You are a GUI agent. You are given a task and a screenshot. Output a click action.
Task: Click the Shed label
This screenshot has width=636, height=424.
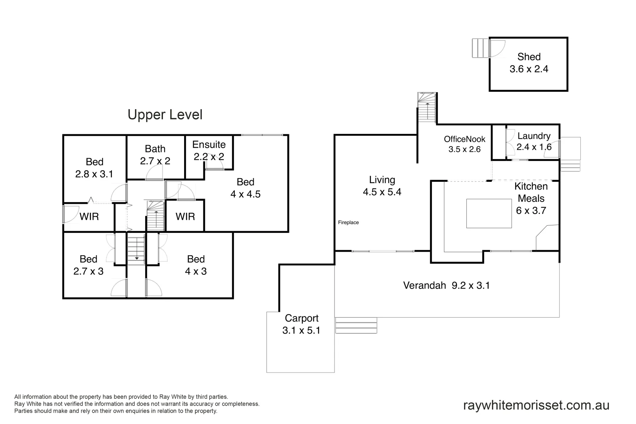pos(528,63)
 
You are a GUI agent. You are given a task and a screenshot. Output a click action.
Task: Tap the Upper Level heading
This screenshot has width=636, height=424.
pos(165,115)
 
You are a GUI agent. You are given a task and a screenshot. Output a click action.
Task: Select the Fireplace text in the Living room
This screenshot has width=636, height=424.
pos(348,223)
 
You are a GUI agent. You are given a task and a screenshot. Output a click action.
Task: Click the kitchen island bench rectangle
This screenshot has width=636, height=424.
pos(489,213)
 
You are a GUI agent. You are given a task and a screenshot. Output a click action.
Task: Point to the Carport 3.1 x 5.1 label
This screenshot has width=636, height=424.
pos(301,324)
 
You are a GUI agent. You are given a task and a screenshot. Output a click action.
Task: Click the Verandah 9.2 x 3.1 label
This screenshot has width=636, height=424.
pos(446,285)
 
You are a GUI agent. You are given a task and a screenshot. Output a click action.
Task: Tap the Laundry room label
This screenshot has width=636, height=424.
pos(534,141)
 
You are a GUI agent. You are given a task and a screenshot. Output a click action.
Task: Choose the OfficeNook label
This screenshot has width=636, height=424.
pos(464,144)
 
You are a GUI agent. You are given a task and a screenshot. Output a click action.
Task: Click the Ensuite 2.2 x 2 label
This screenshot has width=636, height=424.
pos(209,150)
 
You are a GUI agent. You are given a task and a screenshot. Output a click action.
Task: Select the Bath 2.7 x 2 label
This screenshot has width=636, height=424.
pos(155,155)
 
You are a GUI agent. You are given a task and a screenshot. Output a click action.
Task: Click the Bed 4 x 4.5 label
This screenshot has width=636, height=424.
pos(245,188)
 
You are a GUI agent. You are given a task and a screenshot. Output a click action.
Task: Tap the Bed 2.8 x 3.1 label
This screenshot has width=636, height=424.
pos(94,168)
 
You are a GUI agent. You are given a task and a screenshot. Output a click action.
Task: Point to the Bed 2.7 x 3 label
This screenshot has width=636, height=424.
pos(88,265)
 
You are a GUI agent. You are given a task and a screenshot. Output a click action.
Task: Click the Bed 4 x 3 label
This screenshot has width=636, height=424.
pos(196,265)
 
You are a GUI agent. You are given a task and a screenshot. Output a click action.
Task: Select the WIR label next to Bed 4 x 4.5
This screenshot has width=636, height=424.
pos(185,217)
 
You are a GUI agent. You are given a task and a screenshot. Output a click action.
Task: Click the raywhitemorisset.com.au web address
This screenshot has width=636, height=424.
pos(536,405)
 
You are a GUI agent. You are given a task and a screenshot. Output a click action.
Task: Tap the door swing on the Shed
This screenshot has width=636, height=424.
pos(496,48)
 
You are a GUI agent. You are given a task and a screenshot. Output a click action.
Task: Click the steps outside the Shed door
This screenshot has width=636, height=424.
pos(480,48)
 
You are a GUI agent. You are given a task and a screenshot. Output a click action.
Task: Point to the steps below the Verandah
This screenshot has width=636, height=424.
pos(356,325)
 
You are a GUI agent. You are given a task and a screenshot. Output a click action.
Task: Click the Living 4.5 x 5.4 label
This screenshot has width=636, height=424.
pos(382,186)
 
